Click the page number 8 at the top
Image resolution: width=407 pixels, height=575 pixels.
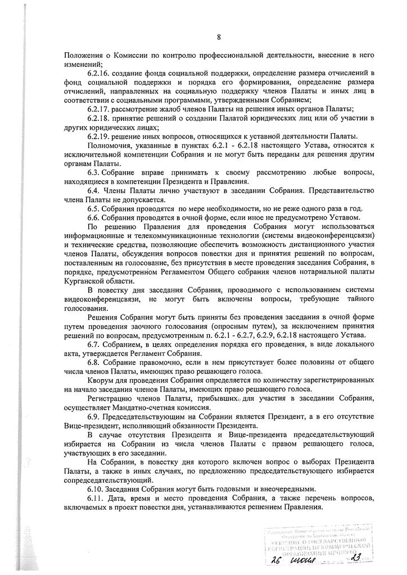(219, 38)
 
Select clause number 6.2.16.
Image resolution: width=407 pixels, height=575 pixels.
(100, 74)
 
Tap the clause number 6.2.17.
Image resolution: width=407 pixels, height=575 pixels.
(100, 109)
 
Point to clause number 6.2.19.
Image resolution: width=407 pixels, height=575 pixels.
(100, 136)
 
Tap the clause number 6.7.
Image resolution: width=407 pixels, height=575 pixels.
(94, 344)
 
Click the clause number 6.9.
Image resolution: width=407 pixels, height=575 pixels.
(94, 416)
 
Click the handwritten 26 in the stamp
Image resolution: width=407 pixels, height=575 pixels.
(275, 559)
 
